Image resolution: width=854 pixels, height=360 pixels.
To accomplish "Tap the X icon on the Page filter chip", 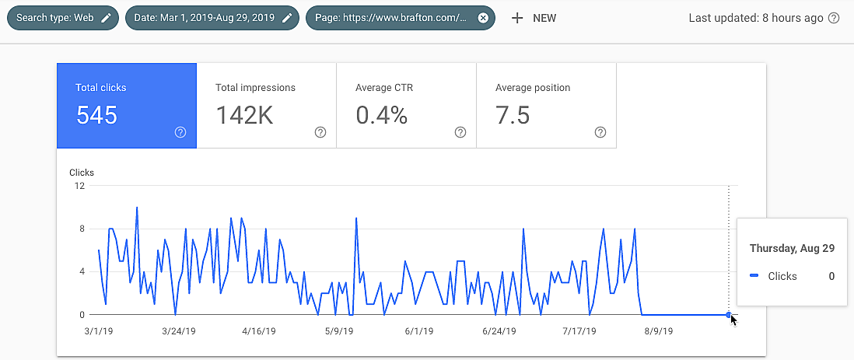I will [x=483, y=18].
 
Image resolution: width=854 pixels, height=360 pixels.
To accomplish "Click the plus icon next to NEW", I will [x=517, y=18].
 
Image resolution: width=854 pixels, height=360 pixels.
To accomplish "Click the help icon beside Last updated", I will [x=834, y=18].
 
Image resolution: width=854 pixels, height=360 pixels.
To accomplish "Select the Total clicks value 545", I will [x=96, y=116].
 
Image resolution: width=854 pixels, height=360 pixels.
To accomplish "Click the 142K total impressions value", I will [x=244, y=116].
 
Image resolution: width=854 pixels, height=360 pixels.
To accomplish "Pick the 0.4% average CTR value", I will [x=382, y=116].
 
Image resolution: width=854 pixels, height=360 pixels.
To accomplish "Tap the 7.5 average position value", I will [x=513, y=116].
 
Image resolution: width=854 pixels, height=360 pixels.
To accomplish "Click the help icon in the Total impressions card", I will [x=320, y=132].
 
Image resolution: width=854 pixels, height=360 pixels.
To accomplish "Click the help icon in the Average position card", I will [x=600, y=132].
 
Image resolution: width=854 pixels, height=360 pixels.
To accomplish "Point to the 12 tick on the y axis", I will [x=79, y=186].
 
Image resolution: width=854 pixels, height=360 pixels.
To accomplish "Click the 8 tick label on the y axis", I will [x=81, y=229].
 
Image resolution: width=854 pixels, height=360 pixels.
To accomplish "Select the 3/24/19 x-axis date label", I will [x=178, y=330].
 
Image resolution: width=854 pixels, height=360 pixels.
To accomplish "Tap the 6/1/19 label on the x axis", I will [x=418, y=330].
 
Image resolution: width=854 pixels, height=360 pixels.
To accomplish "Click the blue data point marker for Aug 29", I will [x=728, y=315].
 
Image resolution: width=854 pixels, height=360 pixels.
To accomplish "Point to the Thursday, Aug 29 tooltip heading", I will [x=791, y=248].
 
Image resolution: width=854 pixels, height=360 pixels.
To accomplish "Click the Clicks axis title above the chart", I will [x=82, y=173].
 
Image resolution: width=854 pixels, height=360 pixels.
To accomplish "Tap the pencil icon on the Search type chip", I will [x=106, y=18].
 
